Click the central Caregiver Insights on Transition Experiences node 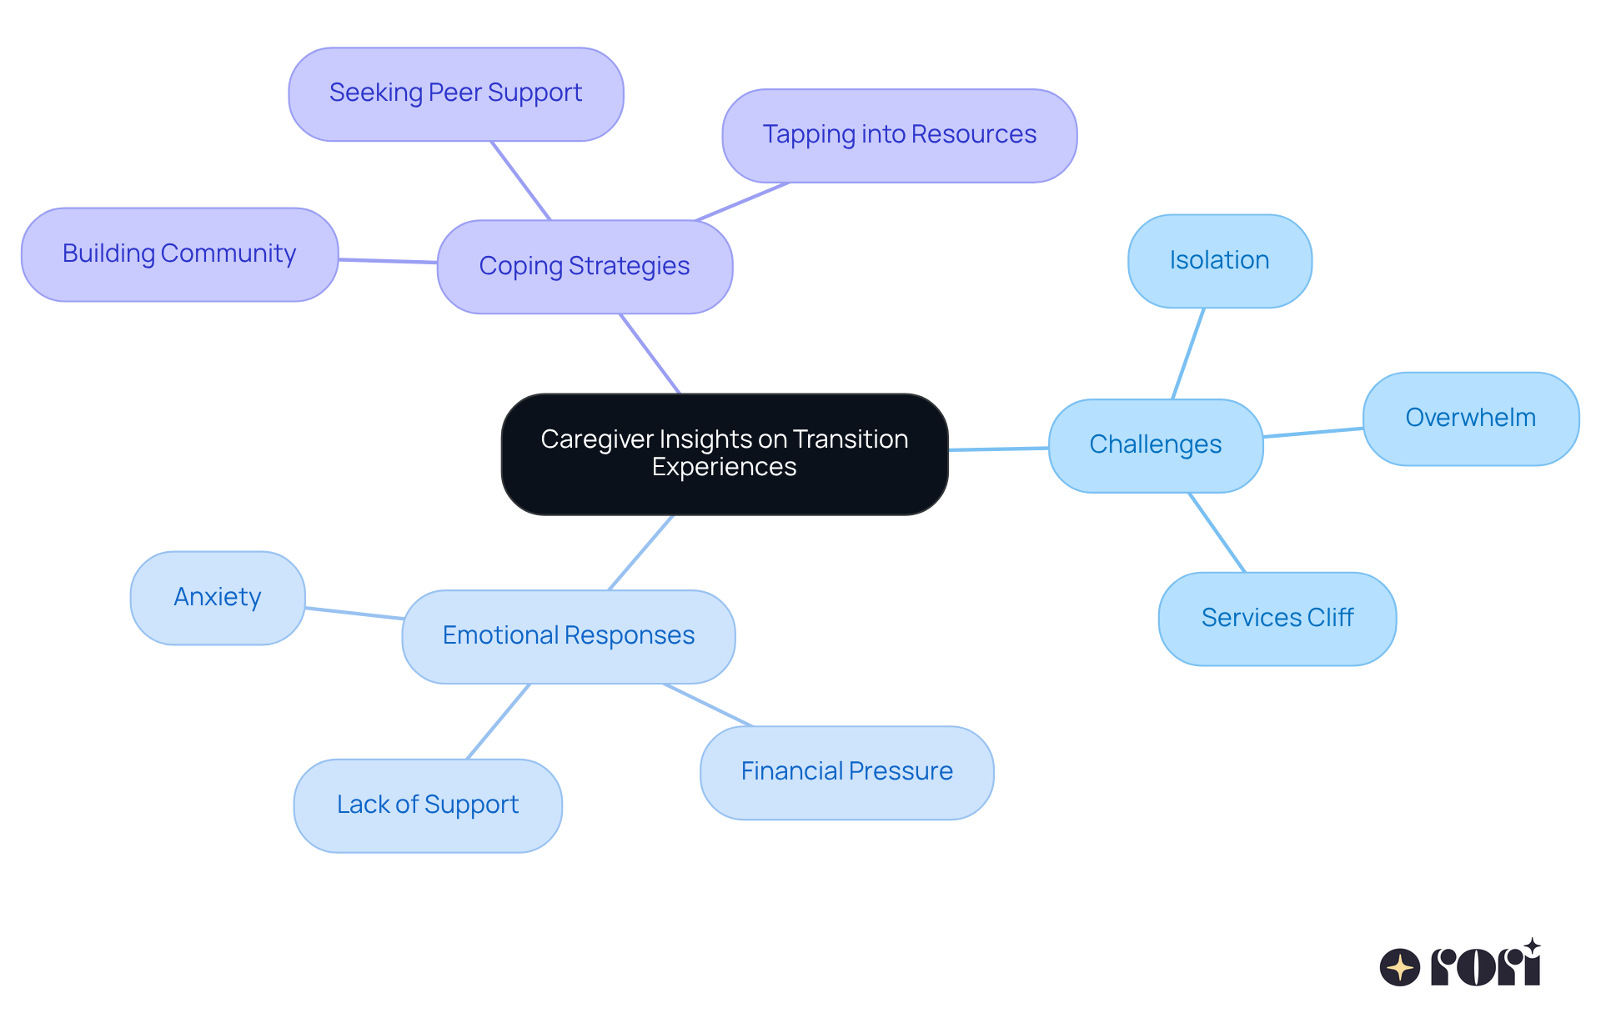[724, 454]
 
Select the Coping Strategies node [585, 267]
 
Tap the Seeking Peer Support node [455, 93]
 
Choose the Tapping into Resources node [899, 135]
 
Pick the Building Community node [179, 254]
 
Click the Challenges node [1155, 445]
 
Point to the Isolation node [1219, 261]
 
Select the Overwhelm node [1470, 419]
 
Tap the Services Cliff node [1277, 619]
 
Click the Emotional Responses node [568, 636]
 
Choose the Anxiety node [218, 598]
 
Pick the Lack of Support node [428, 805]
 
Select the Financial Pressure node [846, 772]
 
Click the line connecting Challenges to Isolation [1188, 354]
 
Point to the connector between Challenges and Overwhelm [1312, 432]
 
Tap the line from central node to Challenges [998, 449]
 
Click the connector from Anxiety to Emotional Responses [354, 613]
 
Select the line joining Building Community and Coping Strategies [388, 260]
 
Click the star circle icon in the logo [1399, 967]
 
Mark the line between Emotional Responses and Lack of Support [498, 721]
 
